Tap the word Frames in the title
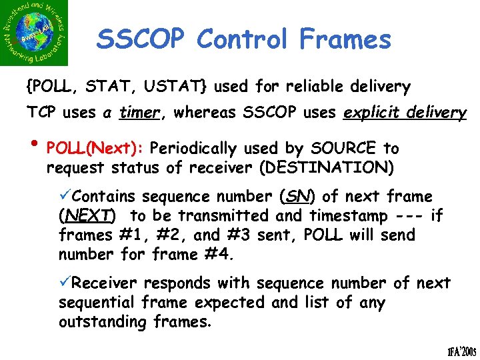click(x=345, y=40)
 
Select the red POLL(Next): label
click(x=99, y=147)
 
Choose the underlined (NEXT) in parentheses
click(x=87, y=216)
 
